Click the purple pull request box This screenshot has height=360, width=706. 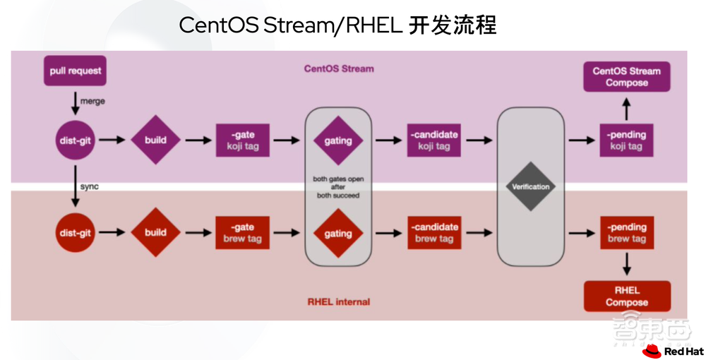click(x=75, y=71)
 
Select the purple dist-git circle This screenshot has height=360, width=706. click(x=76, y=140)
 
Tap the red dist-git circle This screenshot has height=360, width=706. click(x=76, y=232)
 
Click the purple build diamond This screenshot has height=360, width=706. click(x=155, y=140)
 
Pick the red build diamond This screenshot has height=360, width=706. click(x=155, y=232)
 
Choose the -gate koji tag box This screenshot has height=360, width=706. click(x=242, y=140)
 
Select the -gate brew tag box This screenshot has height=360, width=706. click(x=242, y=232)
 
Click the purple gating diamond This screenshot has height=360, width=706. click(x=337, y=140)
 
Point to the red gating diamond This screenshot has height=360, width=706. click(x=337, y=233)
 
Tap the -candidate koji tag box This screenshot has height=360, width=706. click(x=433, y=140)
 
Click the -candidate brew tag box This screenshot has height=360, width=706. click(x=433, y=232)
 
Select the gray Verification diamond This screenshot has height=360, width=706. click(x=531, y=186)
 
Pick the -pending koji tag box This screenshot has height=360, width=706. click(x=626, y=140)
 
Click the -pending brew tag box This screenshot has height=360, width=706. click(x=626, y=232)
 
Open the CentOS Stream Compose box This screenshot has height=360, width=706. click(x=626, y=77)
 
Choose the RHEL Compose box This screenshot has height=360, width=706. click(x=626, y=296)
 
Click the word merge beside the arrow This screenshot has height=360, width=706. click(x=92, y=101)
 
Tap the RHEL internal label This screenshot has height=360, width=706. click(x=338, y=301)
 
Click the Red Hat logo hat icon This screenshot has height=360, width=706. click(x=651, y=351)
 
